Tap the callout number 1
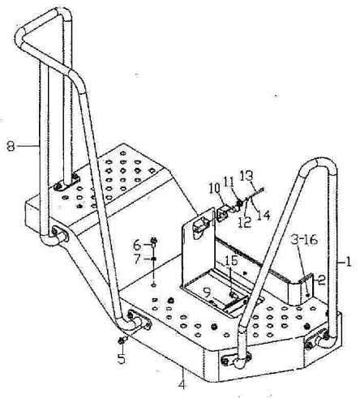pyautogui.click(x=349, y=262)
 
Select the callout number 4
pyautogui.click(x=182, y=384)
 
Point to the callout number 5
pyautogui.click(x=122, y=358)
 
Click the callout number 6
pyautogui.click(x=138, y=246)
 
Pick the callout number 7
pyautogui.click(x=138, y=259)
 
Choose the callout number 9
pyautogui.click(x=208, y=293)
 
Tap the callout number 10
pyautogui.click(x=214, y=189)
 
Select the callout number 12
pyautogui.click(x=245, y=222)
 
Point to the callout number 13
pyautogui.click(x=246, y=176)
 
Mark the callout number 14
pyautogui.click(x=264, y=216)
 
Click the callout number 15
pyautogui.click(x=231, y=261)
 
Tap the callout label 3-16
pyautogui.click(x=304, y=239)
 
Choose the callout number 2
pyautogui.click(x=321, y=280)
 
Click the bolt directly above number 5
pyautogui.click(x=122, y=341)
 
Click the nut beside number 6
pyautogui.click(x=154, y=240)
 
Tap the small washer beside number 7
pyautogui.click(x=153, y=259)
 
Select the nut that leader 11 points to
pyautogui.click(x=239, y=203)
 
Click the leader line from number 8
pyautogui.click(x=28, y=146)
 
